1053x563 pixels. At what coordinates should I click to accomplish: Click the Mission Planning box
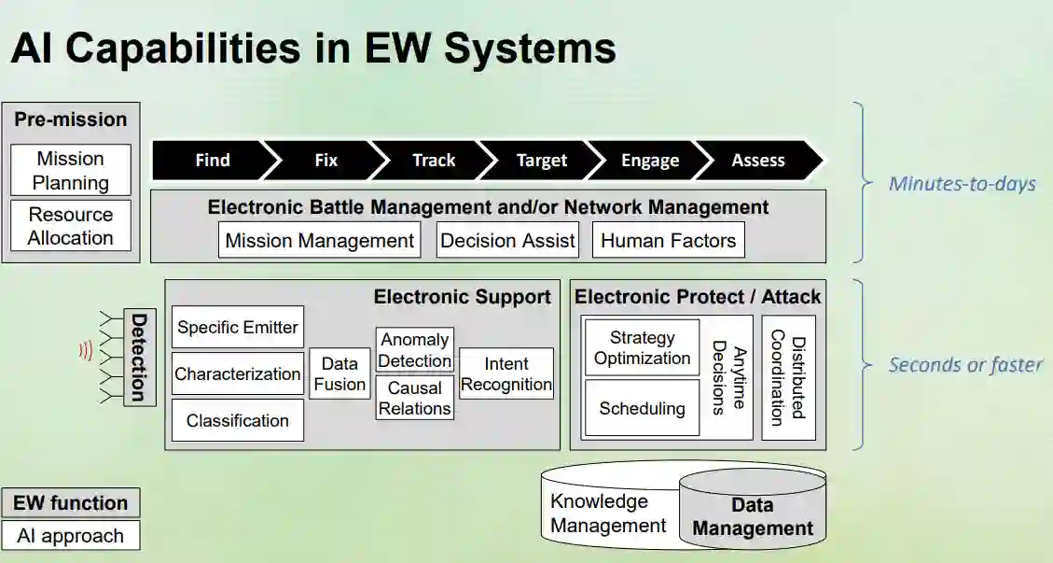71,170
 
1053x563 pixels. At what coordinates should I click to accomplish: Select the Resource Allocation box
71,226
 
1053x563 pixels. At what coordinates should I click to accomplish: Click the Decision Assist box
507,240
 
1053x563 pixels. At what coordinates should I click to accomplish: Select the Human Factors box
668,240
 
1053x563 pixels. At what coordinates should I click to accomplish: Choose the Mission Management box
320,240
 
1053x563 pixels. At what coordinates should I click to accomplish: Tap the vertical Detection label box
138,357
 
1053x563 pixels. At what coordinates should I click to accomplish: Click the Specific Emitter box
238,327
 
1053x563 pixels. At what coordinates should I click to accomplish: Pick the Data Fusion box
339,373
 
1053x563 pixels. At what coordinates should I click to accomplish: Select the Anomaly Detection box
415,350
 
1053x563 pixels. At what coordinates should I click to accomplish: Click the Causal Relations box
415,398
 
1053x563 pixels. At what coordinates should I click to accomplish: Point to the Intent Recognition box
506,373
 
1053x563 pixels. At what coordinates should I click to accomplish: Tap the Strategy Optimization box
642,347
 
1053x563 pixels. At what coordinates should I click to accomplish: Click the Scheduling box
642,408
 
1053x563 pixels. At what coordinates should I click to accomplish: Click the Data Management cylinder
753,516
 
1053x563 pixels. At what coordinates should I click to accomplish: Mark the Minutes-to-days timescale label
962,183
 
